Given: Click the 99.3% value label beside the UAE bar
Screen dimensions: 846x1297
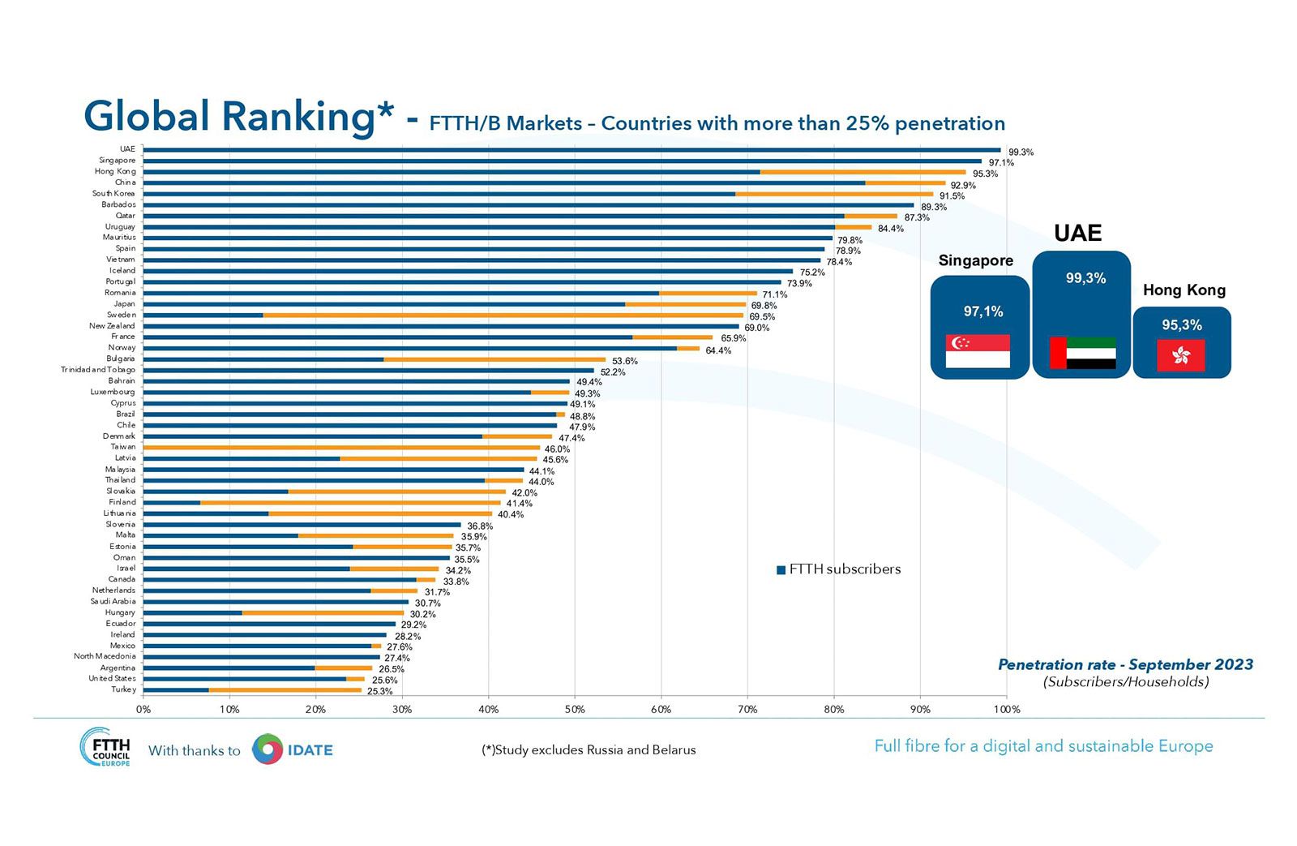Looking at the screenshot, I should click(1021, 152).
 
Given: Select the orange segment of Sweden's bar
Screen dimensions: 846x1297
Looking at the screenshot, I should click(503, 315).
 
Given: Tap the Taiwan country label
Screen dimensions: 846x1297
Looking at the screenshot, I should click(123, 447).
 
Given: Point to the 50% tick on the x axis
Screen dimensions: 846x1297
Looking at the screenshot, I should click(575, 710).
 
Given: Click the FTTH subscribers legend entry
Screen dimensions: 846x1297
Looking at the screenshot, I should click(839, 569).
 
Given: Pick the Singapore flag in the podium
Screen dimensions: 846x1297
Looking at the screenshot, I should click(978, 351).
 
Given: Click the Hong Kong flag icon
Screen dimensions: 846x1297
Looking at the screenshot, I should click(1181, 355).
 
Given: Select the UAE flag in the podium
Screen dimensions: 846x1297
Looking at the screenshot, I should click(1082, 353).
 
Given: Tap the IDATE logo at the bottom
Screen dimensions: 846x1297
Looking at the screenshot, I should click(293, 750).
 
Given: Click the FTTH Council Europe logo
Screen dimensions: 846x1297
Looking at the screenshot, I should click(105, 747).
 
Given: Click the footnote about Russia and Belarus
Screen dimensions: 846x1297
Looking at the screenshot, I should click(589, 750).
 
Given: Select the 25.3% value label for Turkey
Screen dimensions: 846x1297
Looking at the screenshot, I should click(379, 692).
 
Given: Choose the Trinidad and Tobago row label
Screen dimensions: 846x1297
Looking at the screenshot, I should click(98, 370).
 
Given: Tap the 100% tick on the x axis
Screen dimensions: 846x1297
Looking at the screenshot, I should click(1007, 710).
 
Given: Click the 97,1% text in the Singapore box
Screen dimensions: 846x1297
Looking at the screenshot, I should click(983, 311).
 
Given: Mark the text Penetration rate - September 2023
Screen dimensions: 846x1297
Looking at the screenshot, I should click(1125, 664).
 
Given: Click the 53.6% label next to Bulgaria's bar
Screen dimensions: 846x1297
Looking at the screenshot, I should click(624, 361).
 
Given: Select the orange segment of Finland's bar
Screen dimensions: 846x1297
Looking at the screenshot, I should click(349, 503).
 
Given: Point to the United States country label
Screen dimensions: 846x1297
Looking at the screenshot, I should click(112, 679).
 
